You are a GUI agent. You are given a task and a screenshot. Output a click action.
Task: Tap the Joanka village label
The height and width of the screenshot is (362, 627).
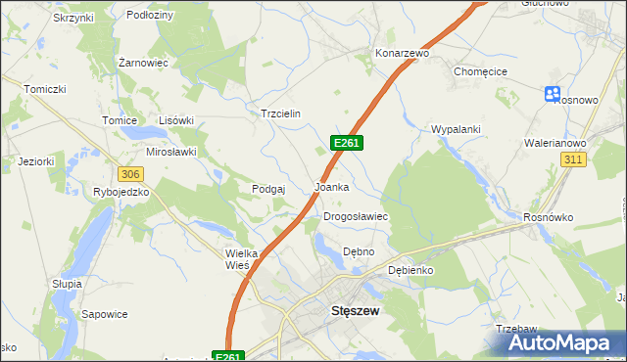coord(331,186)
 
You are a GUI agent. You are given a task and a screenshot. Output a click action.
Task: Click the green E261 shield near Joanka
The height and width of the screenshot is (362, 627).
coord(348,143)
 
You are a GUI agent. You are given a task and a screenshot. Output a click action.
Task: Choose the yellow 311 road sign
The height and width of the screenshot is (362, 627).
coord(574,158)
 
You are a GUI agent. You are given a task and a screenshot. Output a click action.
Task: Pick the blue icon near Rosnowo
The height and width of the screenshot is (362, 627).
coord(553,94)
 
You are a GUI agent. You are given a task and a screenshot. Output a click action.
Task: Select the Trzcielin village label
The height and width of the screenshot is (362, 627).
coord(279,113)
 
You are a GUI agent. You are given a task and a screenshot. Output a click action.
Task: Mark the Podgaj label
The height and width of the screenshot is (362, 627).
coord(267,189)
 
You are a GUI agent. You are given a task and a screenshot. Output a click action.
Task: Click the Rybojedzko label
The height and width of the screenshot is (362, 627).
coord(121,192)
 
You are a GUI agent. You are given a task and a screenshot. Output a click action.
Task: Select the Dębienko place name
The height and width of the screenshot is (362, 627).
coord(410,269)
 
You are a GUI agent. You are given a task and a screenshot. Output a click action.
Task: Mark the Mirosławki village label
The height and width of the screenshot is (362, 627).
coord(171,152)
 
